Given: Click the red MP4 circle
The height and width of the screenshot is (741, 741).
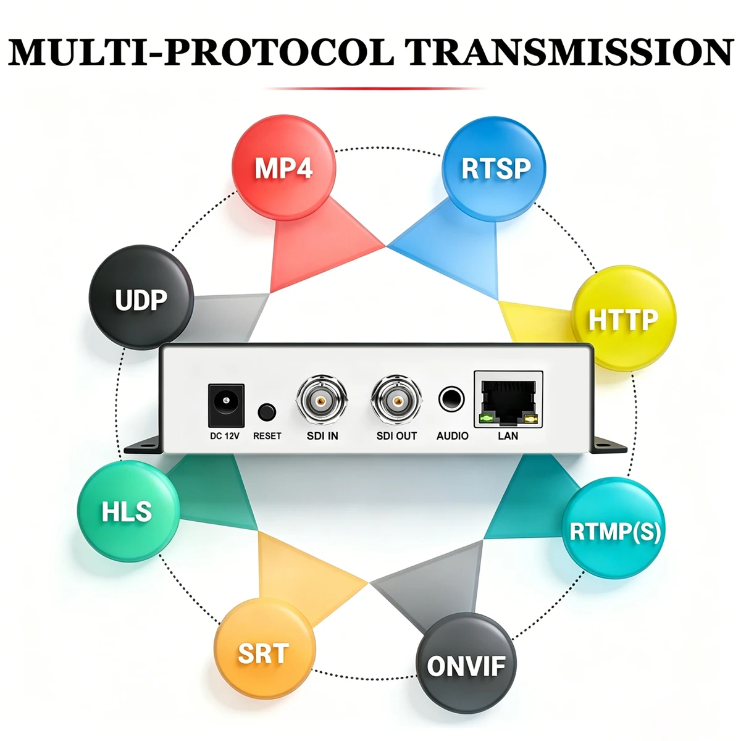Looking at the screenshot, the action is (x=284, y=168).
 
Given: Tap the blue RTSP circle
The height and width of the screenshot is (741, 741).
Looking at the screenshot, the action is (x=494, y=169).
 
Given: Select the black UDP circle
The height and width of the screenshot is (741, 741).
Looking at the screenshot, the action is (x=141, y=297).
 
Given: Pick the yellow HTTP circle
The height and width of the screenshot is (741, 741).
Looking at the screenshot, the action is (x=623, y=318).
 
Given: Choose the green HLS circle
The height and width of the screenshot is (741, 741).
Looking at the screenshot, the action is (x=128, y=511).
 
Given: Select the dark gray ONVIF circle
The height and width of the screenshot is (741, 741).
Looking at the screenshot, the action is (x=466, y=663).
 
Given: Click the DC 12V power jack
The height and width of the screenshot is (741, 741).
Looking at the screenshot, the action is (x=226, y=405).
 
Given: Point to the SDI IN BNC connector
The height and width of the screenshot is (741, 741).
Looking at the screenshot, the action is (x=322, y=401).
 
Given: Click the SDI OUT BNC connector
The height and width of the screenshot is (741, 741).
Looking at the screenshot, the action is (x=396, y=401).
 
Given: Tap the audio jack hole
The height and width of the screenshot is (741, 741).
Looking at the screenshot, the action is (x=451, y=400).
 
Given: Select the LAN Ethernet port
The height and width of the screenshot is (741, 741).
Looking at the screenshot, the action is (x=508, y=399).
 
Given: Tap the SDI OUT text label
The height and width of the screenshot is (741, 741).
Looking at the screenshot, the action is (x=396, y=436).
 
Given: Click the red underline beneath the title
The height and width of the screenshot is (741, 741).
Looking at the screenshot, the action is (x=374, y=88).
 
